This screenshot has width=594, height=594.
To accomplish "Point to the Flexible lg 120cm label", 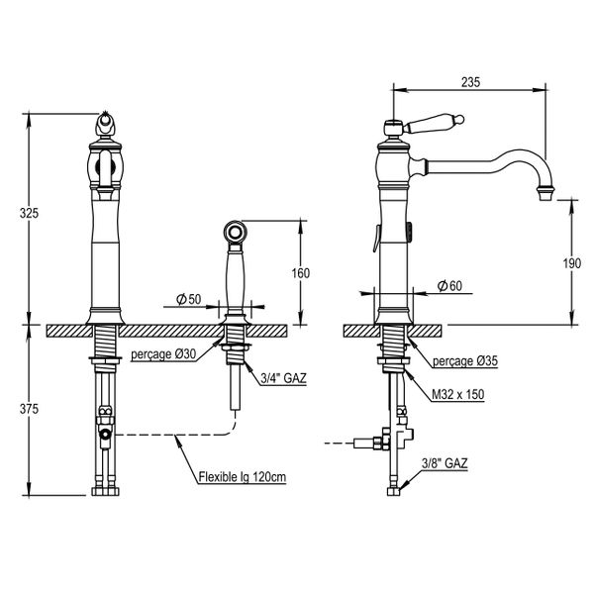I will pos(242,477).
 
